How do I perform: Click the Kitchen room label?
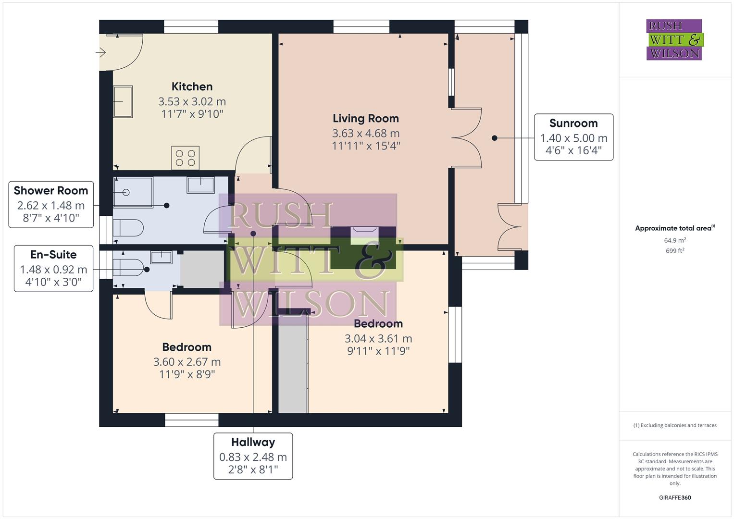(192, 86)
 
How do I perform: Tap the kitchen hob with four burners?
(185, 158)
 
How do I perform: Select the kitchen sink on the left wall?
(123, 102)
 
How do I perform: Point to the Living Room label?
(366, 118)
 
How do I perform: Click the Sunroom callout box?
(573, 137)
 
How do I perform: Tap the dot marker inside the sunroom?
(494, 138)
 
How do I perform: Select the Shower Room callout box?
(51, 205)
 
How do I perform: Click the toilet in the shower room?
(128, 228)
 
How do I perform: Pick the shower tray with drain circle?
(133, 192)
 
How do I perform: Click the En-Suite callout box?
(53, 269)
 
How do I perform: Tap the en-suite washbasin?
(162, 258)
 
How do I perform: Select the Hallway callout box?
(253, 456)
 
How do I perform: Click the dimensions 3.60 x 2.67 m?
(187, 362)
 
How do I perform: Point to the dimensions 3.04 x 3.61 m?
(378, 338)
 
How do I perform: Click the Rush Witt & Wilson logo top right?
(674, 40)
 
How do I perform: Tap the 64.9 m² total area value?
(675, 240)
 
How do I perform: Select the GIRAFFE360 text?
(675, 497)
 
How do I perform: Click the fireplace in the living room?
(364, 235)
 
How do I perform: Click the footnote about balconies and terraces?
(675, 425)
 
